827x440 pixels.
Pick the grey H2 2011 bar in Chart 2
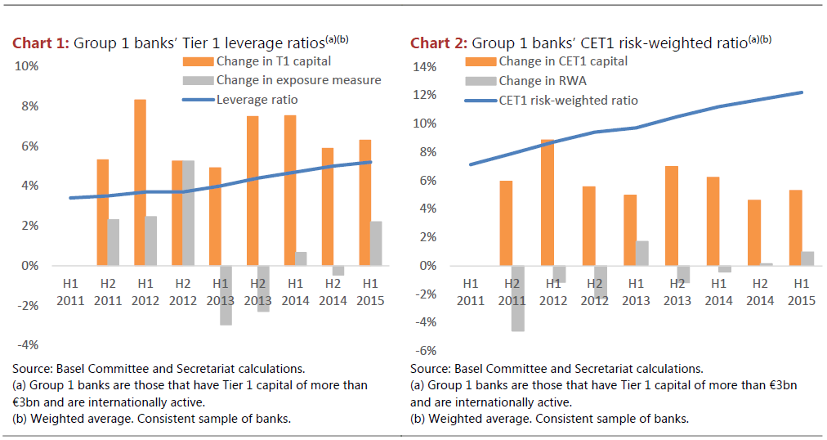click(x=519, y=298)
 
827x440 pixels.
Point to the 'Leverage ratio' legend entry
click(x=257, y=100)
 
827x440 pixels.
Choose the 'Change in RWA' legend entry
click(x=542, y=81)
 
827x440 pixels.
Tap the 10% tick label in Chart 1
click(x=28, y=66)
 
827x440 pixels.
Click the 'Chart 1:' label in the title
click(x=40, y=43)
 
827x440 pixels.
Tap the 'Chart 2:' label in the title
click(x=438, y=43)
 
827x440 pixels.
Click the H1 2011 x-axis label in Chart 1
click(x=70, y=291)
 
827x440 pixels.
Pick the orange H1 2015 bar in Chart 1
click(x=364, y=203)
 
